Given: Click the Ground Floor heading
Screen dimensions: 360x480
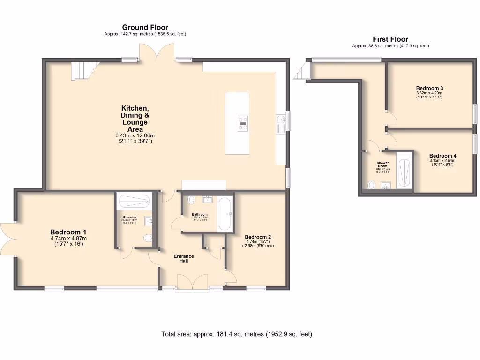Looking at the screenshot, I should click(145, 28).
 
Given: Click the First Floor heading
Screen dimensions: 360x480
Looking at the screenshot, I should click(390, 39).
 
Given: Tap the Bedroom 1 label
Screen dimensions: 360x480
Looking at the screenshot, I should click(68, 232).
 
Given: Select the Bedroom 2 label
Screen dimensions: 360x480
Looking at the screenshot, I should click(258, 237).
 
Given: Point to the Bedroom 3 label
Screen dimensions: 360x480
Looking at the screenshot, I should click(429, 88).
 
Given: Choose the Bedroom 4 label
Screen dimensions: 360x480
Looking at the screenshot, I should click(442, 156).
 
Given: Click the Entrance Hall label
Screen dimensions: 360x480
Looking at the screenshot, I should click(184, 258).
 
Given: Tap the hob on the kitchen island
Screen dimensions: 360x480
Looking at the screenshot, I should click(243, 122).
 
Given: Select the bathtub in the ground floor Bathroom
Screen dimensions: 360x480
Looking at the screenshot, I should click(225, 214).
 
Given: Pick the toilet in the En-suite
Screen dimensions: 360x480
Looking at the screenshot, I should click(149, 238).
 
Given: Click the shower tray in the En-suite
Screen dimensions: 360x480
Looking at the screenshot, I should click(134, 202).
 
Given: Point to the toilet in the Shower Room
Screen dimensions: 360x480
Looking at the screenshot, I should click(372, 185).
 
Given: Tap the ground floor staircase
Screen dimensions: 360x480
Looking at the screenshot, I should click(84, 71).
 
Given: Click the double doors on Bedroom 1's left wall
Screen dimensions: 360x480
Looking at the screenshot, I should click(8, 239).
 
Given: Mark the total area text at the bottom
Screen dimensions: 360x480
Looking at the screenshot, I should click(237, 334).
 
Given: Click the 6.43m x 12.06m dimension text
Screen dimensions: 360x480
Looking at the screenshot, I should click(135, 135).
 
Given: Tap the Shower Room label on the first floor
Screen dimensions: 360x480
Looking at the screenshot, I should click(382, 165).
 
